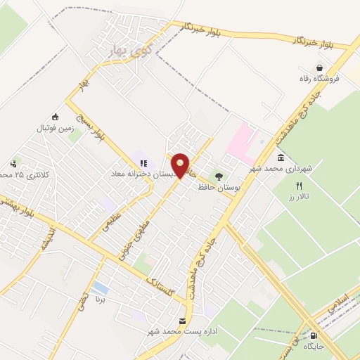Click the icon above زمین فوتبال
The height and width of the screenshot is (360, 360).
[56, 117]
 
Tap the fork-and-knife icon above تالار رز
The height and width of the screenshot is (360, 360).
[298, 186]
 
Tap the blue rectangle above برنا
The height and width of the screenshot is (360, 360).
[101, 288]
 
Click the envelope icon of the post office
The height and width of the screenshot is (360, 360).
[183, 321]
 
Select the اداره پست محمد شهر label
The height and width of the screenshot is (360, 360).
[179, 331]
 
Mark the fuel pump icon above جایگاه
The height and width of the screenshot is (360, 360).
[314, 335]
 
